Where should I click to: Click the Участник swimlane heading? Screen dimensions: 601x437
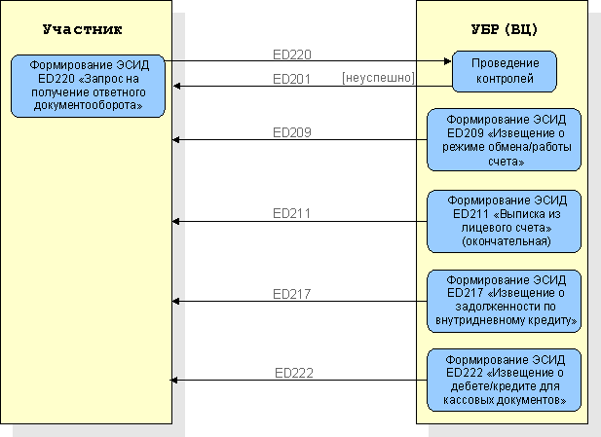coord(83,29)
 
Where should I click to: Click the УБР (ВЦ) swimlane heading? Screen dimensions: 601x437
coord(504,29)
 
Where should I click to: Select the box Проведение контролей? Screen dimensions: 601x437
coord(505,71)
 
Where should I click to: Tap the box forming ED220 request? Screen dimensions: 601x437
coord(88,86)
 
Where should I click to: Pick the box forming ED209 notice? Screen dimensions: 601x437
coord(504,140)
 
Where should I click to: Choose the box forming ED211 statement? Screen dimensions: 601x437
coord(504,221)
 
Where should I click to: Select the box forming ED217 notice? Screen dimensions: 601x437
coord(504,301)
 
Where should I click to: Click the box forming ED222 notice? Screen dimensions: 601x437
coord(504,380)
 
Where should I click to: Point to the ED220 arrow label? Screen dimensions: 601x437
coord(292,55)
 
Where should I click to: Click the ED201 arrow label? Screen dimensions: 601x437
coord(291,79)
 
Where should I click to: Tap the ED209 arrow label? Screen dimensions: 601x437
coord(292,132)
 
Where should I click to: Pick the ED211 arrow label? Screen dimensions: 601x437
coord(291,213)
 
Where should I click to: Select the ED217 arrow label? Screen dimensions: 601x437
coord(291,294)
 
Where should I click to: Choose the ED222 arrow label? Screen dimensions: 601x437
coord(294,373)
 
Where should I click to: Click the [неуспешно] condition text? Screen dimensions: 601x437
coord(378,78)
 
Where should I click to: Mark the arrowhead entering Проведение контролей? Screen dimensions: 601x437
coord(448,61)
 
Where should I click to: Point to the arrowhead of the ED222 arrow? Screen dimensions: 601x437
coord(173,381)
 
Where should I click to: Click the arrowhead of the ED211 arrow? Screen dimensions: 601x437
coord(176,221)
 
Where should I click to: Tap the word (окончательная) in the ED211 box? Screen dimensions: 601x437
coord(507,241)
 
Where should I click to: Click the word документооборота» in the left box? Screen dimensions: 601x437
coord(89,105)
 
